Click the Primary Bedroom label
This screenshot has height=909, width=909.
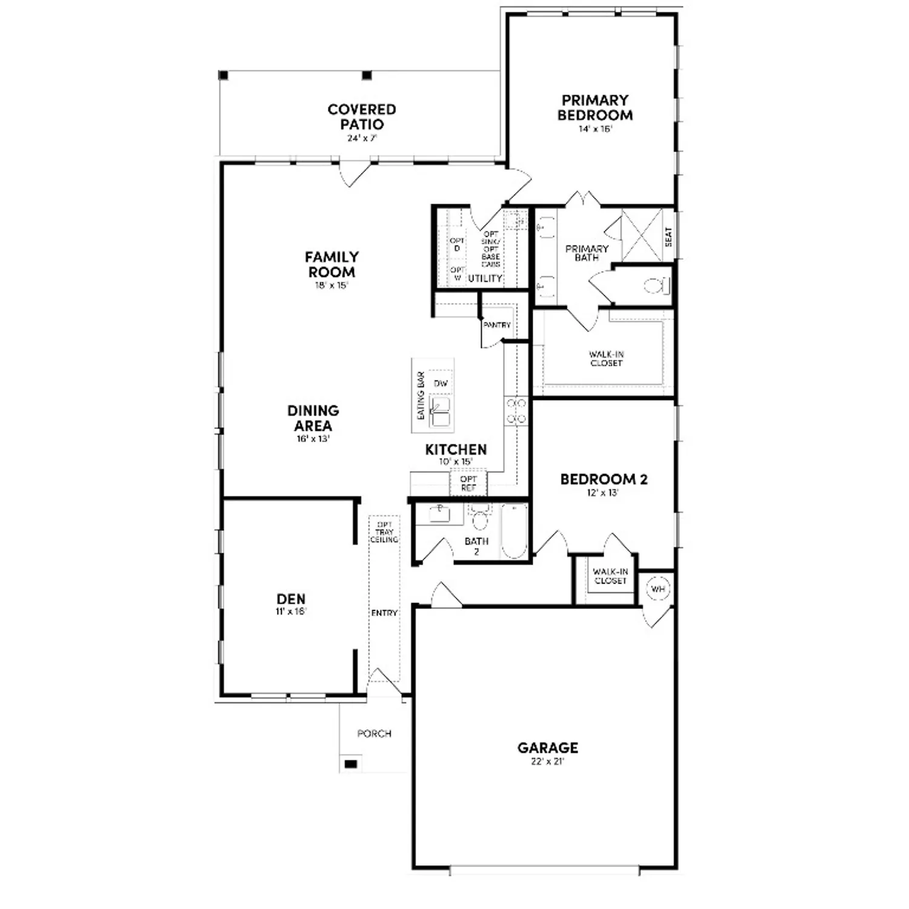click(x=595, y=108)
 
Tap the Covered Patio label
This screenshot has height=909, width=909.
click(x=362, y=117)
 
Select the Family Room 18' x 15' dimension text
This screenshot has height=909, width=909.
click(x=331, y=285)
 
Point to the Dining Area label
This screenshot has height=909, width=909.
click(x=313, y=418)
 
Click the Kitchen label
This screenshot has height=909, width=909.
click(x=456, y=450)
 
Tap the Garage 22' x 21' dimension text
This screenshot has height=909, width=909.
click(x=547, y=762)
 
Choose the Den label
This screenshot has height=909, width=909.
click(x=291, y=599)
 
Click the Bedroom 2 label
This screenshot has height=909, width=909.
click(x=604, y=479)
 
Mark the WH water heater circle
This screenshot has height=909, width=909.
click(x=658, y=588)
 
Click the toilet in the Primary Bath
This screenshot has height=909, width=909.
click(x=656, y=285)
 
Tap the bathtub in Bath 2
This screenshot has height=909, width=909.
click(x=514, y=532)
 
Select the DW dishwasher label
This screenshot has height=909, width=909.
click(x=441, y=384)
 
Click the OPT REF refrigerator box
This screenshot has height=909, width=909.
click(x=468, y=483)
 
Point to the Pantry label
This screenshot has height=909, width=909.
click(x=497, y=325)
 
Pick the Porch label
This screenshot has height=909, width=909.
click(x=375, y=734)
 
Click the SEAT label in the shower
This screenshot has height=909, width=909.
click(x=669, y=236)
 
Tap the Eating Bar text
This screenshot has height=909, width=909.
click(x=421, y=396)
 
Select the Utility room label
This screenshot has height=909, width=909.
click(x=485, y=278)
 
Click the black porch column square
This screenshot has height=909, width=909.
click(x=350, y=764)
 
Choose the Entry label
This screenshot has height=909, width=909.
click(x=384, y=613)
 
